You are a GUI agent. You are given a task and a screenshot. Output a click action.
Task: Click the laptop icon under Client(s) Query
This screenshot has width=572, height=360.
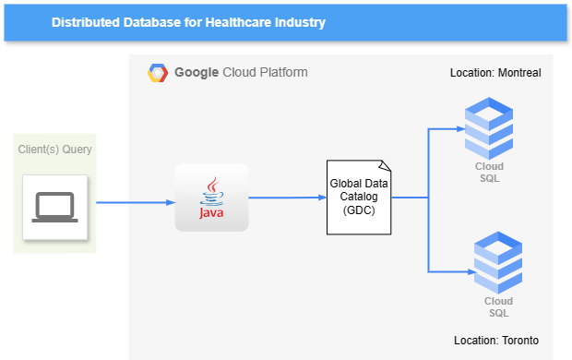pyautogui.click(x=55, y=208)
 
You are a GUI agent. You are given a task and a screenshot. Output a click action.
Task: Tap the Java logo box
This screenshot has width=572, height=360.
pyautogui.click(x=212, y=198)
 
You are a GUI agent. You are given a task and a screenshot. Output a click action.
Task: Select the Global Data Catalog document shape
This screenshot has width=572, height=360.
pyautogui.click(x=359, y=197)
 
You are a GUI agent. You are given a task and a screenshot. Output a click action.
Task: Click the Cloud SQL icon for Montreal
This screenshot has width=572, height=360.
pyautogui.click(x=489, y=129)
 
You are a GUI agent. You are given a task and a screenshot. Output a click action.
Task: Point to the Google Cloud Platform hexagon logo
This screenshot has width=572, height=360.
pyautogui.click(x=158, y=72)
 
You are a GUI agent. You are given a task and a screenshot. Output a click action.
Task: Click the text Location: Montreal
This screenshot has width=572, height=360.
pyautogui.click(x=495, y=72)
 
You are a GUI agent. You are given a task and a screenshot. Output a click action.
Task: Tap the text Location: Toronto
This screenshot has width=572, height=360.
pyautogui.click(x=496, y=339)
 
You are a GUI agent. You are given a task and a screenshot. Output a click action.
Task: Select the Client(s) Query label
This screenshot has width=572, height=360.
pyautogui.click(x=55, y=149)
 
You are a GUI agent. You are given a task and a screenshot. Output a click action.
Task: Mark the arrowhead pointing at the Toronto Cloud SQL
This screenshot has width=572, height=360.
pyautogui.click(x=469, y=271)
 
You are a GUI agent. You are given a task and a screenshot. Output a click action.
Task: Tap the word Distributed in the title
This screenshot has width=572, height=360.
pyautogui.click(x=84, y=21)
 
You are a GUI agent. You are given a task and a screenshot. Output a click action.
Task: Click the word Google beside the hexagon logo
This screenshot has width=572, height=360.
pyautogui.click(x=196, y=72)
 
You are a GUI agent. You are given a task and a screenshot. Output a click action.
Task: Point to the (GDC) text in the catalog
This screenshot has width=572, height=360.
pyautogui.click(x=359, y=210)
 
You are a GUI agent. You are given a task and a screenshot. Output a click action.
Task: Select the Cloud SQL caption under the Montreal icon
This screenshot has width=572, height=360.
pyautogui.click(x=489, y=172)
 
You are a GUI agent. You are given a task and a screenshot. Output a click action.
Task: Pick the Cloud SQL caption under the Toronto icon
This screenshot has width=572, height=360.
pyautogui.click(x=498, y=306)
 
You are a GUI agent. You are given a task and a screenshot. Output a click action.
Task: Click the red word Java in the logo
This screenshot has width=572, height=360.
pyautogui.click(x=211, y=214)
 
